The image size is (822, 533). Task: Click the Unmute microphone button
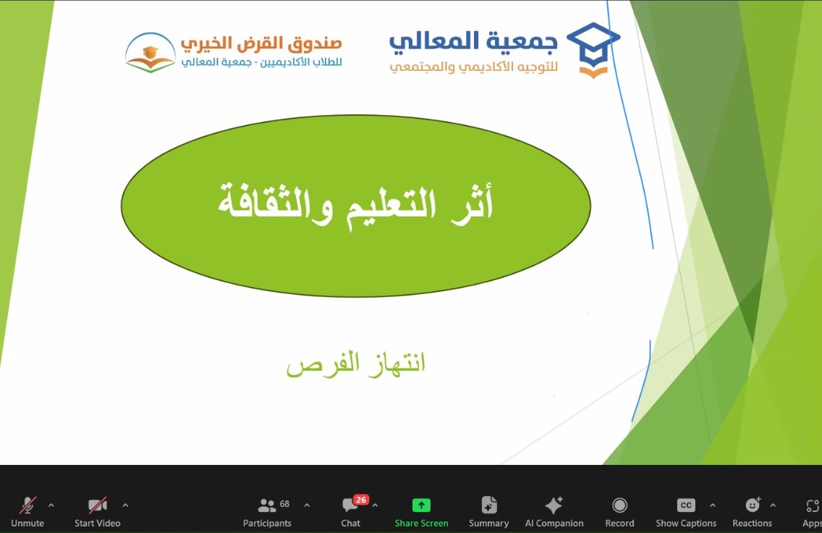(x=27, y=511)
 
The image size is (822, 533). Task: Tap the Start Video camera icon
(x=98, y=505)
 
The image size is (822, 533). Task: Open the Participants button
(x=267, y=511)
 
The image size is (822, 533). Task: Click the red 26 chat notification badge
(x=360, y=500)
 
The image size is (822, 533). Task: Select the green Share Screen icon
(x=421, y=505)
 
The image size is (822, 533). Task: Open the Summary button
(x=488, y=511)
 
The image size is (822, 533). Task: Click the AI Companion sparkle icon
(x=554, y=505)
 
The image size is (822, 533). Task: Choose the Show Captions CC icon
(x=686, y=505)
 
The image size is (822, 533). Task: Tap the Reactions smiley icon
(x=753, y=505)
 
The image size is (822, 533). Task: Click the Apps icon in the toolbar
(x=813, y=505)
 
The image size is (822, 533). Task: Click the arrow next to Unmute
(x=51, y=505)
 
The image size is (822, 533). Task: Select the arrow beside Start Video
(x=125, y=505)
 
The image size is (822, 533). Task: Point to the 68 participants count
(x=284, y=503)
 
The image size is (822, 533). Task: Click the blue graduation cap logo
(x=593, y=50)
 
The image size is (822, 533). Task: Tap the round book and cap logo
(x=151, y=52)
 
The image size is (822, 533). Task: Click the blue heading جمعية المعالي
(x=473, y=41)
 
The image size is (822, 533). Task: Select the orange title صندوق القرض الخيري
(x=262, y=43)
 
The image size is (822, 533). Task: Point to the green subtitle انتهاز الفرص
(x=356, y=364)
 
